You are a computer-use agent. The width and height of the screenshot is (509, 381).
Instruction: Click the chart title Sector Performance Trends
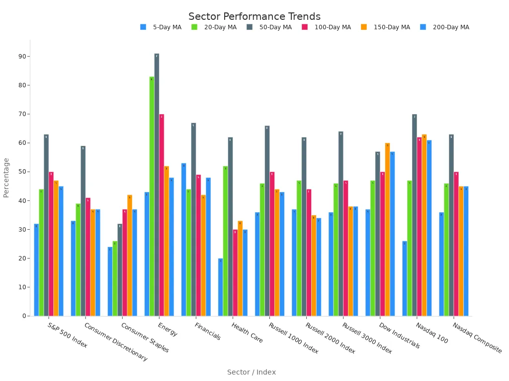click(254, 17)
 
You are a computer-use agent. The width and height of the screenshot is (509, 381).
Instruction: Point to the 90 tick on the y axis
click(23, 57)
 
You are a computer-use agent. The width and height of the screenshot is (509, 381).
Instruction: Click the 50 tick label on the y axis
click(23, 172)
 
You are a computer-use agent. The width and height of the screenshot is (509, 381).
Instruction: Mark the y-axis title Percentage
click(6, 178)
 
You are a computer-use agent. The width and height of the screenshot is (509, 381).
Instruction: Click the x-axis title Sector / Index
click(251, 372)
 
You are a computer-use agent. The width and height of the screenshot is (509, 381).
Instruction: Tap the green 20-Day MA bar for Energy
click(152, 196)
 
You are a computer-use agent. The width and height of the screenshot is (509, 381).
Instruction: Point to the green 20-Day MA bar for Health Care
click(225, 241)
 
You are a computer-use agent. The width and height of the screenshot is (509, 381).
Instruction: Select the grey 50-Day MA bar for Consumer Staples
click(120, 270)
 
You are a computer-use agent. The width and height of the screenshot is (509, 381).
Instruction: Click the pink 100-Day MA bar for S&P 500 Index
click(51, 244)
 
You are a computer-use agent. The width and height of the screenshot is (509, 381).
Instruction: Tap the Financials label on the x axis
click(207, 331)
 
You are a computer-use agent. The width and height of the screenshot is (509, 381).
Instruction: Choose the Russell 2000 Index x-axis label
click(330, 338)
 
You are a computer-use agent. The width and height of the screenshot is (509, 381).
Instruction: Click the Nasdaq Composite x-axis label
click(477, 338)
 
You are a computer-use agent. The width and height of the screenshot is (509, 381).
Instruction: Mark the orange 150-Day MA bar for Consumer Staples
click(130, 255)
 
